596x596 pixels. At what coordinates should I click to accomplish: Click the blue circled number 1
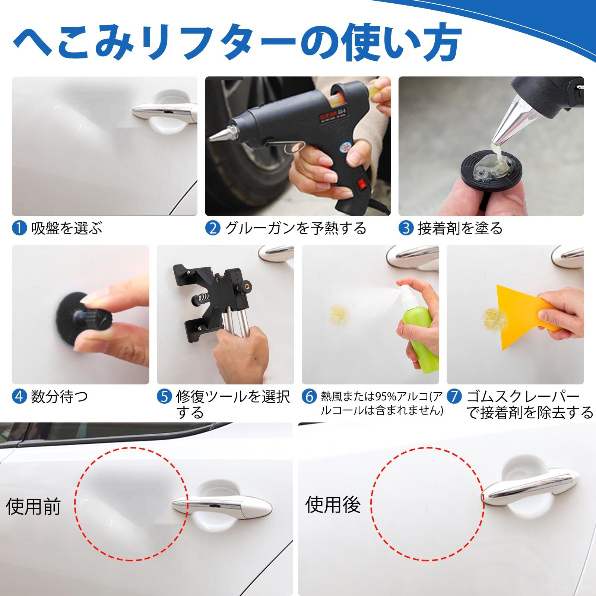tap(19, 228)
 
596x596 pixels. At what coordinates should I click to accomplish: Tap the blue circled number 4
tap(19, 396)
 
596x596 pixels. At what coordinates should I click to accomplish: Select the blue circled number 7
tap(454, 396)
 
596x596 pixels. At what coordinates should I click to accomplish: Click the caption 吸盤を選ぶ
tap(66, 228)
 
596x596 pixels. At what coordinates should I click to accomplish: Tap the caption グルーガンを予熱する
tap(296, 228)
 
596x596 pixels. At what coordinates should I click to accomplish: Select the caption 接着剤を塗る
tap(460, 228)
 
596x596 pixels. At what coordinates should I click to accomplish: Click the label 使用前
tap(33, 507)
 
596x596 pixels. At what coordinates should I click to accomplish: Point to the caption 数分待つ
tap(60, 396)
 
